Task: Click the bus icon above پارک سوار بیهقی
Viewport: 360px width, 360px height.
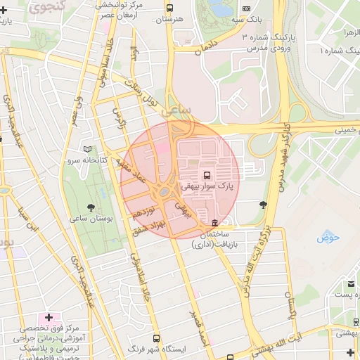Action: click(207, 174)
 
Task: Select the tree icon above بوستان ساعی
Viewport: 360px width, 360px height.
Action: click(91, 207)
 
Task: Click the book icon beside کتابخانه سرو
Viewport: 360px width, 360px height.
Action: click(88, 149)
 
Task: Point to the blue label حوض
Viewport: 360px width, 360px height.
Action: click(328, 237)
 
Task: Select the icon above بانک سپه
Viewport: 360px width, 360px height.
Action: click(245, 8)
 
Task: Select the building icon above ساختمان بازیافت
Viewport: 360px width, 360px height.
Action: click(224, 222)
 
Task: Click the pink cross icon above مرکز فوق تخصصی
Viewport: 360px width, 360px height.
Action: click(49, 317)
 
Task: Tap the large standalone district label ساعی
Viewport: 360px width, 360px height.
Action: click(175, 111)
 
